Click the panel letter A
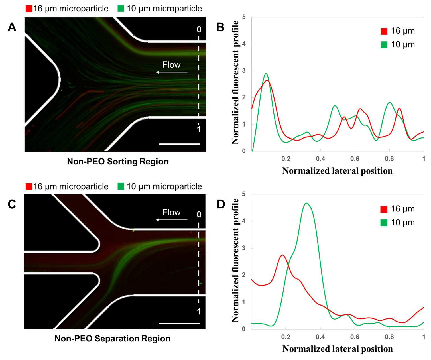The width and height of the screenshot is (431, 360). click(12, 27)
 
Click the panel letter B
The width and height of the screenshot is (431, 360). click(220, 27)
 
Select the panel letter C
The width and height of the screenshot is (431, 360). click(12, 204)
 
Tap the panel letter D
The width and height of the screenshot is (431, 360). click(221, 204)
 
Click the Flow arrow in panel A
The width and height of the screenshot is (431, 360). click(172, 72)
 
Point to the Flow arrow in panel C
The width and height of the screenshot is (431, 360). click(172, 220)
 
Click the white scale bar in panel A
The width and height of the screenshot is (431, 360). click(180, 144)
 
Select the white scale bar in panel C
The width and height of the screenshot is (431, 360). click(179, 324)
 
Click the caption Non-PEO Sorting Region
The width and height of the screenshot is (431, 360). click(118, 161)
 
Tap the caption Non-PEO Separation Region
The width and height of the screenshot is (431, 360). click(113, 339)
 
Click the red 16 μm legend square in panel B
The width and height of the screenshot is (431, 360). click(384, 31)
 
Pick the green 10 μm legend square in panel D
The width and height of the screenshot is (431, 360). click(384, 223)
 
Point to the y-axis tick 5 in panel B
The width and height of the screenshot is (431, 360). click(244, 17)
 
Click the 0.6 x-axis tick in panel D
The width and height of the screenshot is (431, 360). click(355, 337)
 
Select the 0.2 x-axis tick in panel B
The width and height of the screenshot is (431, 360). click(286, 159)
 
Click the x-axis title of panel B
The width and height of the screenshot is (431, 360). click(337, 171)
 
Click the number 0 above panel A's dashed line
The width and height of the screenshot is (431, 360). click(199, 30)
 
